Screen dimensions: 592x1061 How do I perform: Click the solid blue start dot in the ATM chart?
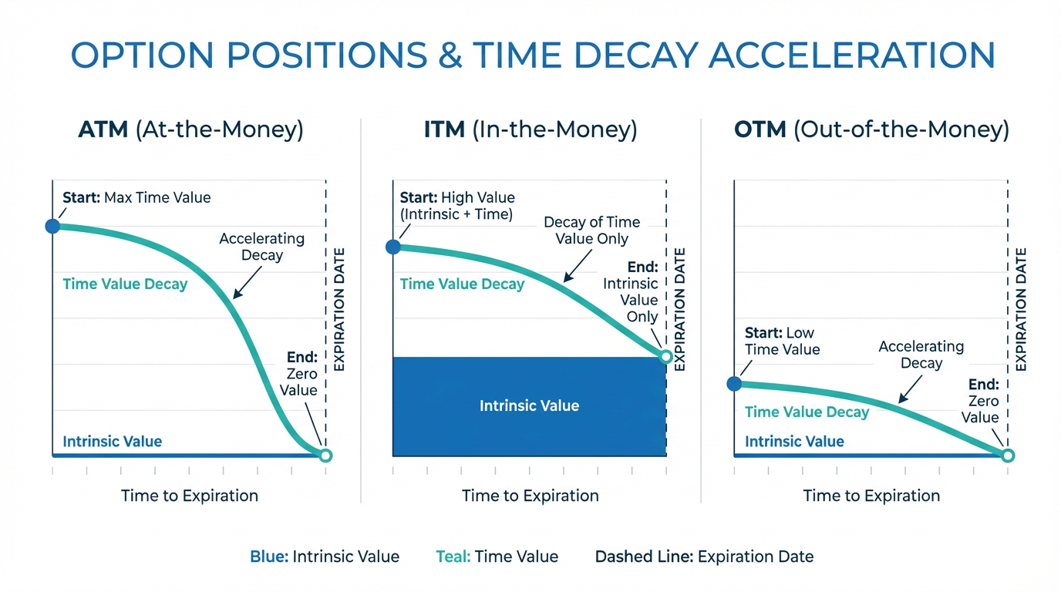pyautogui.click(x=52, y=226)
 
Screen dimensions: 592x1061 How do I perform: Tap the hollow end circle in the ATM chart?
pyautogui.click(x=325, y=456)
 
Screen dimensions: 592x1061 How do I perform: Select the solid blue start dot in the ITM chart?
pyautogui.click(x=393, y=247)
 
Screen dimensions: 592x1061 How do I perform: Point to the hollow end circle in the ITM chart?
pyautogui.click(x=667, y=356)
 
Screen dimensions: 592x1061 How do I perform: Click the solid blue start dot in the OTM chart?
pyautogui.click(x=735, y=383)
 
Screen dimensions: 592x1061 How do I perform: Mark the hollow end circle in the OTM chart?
pyautogui.click(x=1008, y=456)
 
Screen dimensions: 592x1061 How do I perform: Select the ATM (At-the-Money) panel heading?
pyautogui.click(x=190, y=129)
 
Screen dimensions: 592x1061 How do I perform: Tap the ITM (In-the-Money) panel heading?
pyautogui.click(x=530, y=129)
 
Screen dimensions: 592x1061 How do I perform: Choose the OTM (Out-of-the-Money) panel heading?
pyautogui.click(x=871, y=129)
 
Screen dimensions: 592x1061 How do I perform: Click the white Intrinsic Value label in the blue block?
pyautogui.click(x=529, y=405)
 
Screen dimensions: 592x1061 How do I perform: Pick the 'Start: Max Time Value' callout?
pyautogui.click(x=136, y=198)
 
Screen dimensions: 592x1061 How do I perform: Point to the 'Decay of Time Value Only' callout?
pyautogui.click(x=591, y=230)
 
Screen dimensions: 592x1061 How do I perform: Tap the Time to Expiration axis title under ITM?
pyautogui.click(x=530, y=496)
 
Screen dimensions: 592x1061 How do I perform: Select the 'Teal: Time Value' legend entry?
pyautogui.click(x=497, y=557)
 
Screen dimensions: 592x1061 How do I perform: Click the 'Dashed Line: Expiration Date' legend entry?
pyautogui.click(x=704, y=557)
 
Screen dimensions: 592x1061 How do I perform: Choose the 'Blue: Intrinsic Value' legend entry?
pyautogui.click(x=325, y=557)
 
